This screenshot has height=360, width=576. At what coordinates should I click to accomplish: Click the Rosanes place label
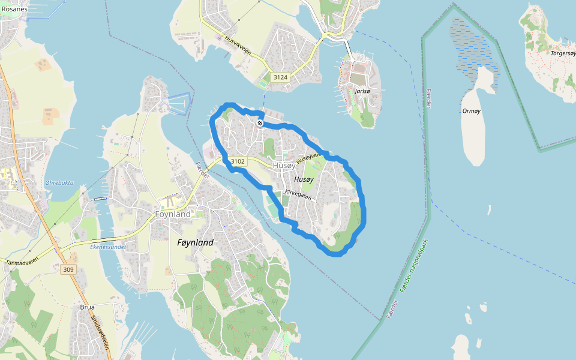tap(14, 9)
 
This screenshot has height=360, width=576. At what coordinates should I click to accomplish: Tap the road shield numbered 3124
tap(280, 77)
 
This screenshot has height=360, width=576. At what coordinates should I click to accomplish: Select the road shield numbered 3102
tap(238, 161)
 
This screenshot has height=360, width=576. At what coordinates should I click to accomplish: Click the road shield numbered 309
tap(68, 270)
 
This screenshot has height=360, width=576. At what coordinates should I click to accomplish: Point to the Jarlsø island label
tap(362, 91)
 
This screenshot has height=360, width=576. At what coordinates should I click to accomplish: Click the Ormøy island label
tap(472, 111)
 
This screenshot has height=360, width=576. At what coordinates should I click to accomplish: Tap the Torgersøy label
tap(562, 53)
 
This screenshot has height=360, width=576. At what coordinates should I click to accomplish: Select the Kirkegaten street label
tap(298, 194)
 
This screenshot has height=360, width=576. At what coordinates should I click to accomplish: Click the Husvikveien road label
tap(238, 44)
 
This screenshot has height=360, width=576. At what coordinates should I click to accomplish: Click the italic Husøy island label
tap(304, 179)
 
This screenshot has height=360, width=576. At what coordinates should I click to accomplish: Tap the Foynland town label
tap(173, 214)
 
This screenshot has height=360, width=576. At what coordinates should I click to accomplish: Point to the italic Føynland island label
tap(196, 242)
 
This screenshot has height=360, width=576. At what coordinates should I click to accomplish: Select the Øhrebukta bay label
tap(59, 183)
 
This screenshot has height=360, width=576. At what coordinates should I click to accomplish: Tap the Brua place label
tap(87, 307)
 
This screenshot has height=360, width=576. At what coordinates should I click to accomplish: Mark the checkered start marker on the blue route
tap(260, 123)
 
